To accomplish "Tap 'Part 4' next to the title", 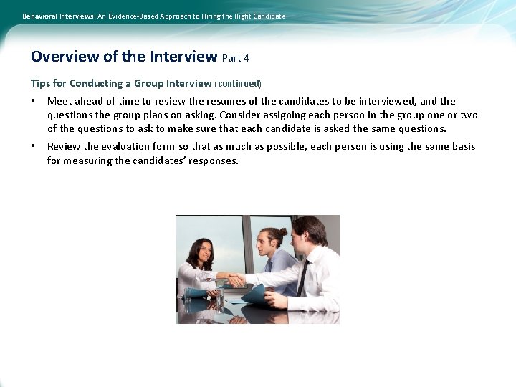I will (236, 58).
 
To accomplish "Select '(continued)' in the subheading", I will (238, 84).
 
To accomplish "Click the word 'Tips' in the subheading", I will (41, 83).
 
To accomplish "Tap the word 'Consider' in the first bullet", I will (242, 115).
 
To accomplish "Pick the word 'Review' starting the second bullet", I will (64, 147).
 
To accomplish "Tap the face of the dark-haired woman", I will (204, 252).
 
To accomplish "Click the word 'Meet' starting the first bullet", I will (59, 102).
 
